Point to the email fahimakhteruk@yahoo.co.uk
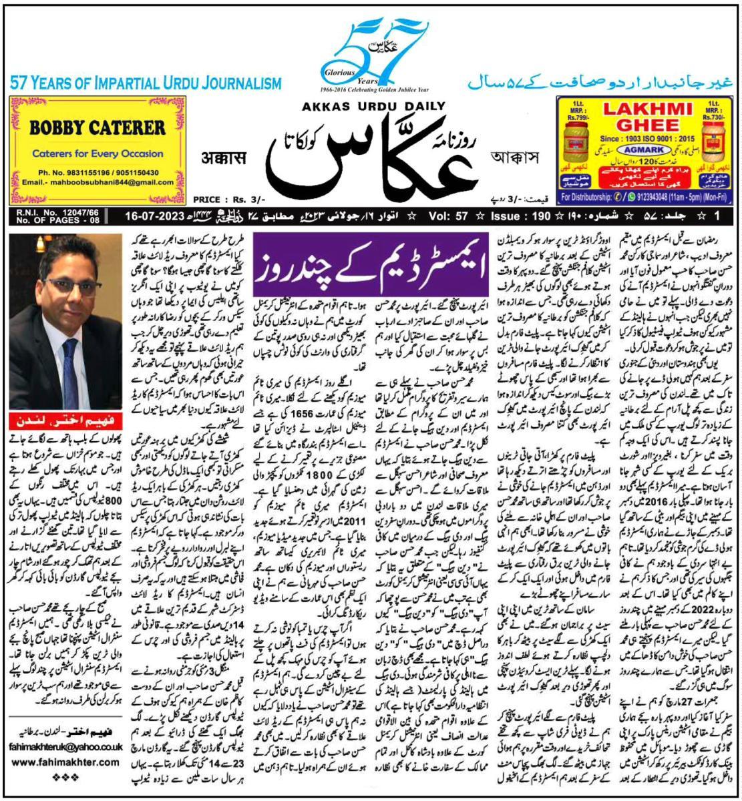[64, 748]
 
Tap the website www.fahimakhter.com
[64, 762]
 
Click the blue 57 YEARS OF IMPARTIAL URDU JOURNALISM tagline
[146, 83]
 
